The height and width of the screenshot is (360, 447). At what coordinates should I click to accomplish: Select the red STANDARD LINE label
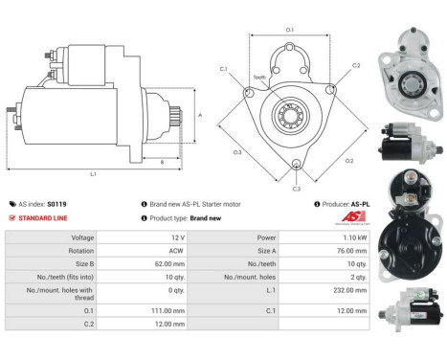45,218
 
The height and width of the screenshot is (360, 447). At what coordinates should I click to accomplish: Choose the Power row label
266,236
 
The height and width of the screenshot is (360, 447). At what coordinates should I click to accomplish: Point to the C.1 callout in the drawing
223,69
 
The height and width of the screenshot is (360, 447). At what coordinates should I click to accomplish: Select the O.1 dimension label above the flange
290,30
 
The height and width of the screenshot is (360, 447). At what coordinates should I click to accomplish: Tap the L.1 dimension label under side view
93,174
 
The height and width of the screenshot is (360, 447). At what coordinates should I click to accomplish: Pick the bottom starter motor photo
410,324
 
